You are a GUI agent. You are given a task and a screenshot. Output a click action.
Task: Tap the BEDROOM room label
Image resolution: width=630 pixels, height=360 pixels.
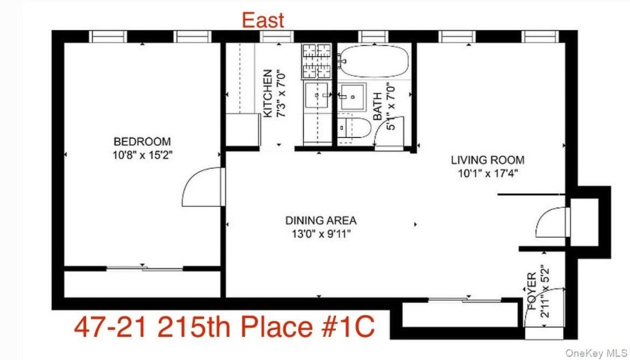pyautogui.click(x=142, y=141)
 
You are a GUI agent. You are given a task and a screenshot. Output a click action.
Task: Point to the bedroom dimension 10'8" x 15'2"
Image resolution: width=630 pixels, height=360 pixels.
pyautogui.click(x=142, y=155)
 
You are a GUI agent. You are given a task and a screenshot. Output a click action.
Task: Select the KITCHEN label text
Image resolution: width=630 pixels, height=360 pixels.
pyautogui.click(x=267, y=93)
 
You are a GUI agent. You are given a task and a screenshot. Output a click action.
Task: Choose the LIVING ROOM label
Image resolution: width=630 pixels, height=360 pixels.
pyautogui.click(x=487, y=160)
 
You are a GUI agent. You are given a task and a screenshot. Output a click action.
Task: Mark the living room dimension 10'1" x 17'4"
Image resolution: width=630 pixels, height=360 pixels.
pyautogui.click(x=487, y=173)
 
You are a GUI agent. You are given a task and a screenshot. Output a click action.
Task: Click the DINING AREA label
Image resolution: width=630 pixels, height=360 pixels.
pyautogui.click(x=320, y=220)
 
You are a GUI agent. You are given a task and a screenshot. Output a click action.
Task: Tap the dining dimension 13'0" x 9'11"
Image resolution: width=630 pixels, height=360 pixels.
pyautogui.click(x=320, y=234)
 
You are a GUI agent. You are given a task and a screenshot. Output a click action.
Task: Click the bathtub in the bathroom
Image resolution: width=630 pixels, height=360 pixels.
pyautogui.click(x=373, y=61)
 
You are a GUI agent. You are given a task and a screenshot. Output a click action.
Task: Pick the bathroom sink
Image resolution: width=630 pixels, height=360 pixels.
pyautogui.click(x=351, y=96)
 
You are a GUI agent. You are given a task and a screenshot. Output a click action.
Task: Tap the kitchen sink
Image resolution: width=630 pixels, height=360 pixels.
pyautogui.click(x=316, y=96)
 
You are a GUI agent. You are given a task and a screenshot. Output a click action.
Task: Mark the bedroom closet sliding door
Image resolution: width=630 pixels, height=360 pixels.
pyautogui.click(x=142, y=268)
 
